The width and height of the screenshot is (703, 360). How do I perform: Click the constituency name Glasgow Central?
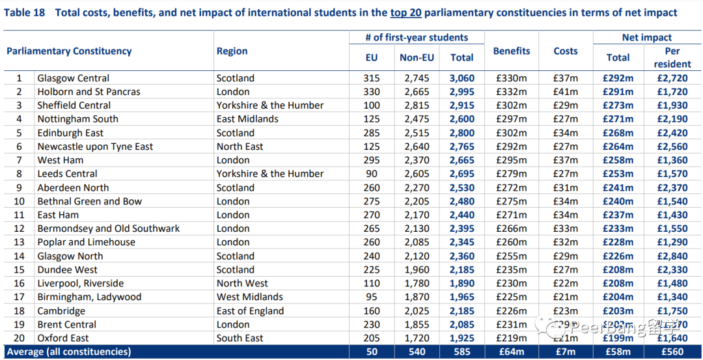(73, 78)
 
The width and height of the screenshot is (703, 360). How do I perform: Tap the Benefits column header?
(512, 51)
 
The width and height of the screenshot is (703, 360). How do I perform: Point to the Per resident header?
(672, 57)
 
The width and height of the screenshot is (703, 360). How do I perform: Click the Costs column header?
(566, 51)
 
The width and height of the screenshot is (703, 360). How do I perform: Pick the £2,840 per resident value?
(672, 256)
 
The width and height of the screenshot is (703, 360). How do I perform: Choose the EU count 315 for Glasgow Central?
(371, 78)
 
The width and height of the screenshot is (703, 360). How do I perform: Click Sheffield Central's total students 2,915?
(462, 105)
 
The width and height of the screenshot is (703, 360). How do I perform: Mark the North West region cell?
(242, 283)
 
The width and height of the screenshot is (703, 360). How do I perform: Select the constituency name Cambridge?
(61, 311)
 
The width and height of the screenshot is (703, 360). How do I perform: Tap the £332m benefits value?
(512, 92)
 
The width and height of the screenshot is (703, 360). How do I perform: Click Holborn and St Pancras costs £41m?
(566, 92)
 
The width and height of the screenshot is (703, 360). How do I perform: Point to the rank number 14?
(19, 256)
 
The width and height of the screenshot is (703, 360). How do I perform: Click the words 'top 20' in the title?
(405, 12)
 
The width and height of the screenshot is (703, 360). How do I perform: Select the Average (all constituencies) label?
(69, 352)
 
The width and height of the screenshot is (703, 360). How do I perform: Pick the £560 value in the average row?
(672, 352)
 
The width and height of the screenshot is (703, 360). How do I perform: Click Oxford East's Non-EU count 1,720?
(417, 338)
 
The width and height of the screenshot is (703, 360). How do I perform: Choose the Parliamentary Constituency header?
(69, 51)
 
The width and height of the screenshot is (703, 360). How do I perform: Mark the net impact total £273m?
(618, 105)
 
